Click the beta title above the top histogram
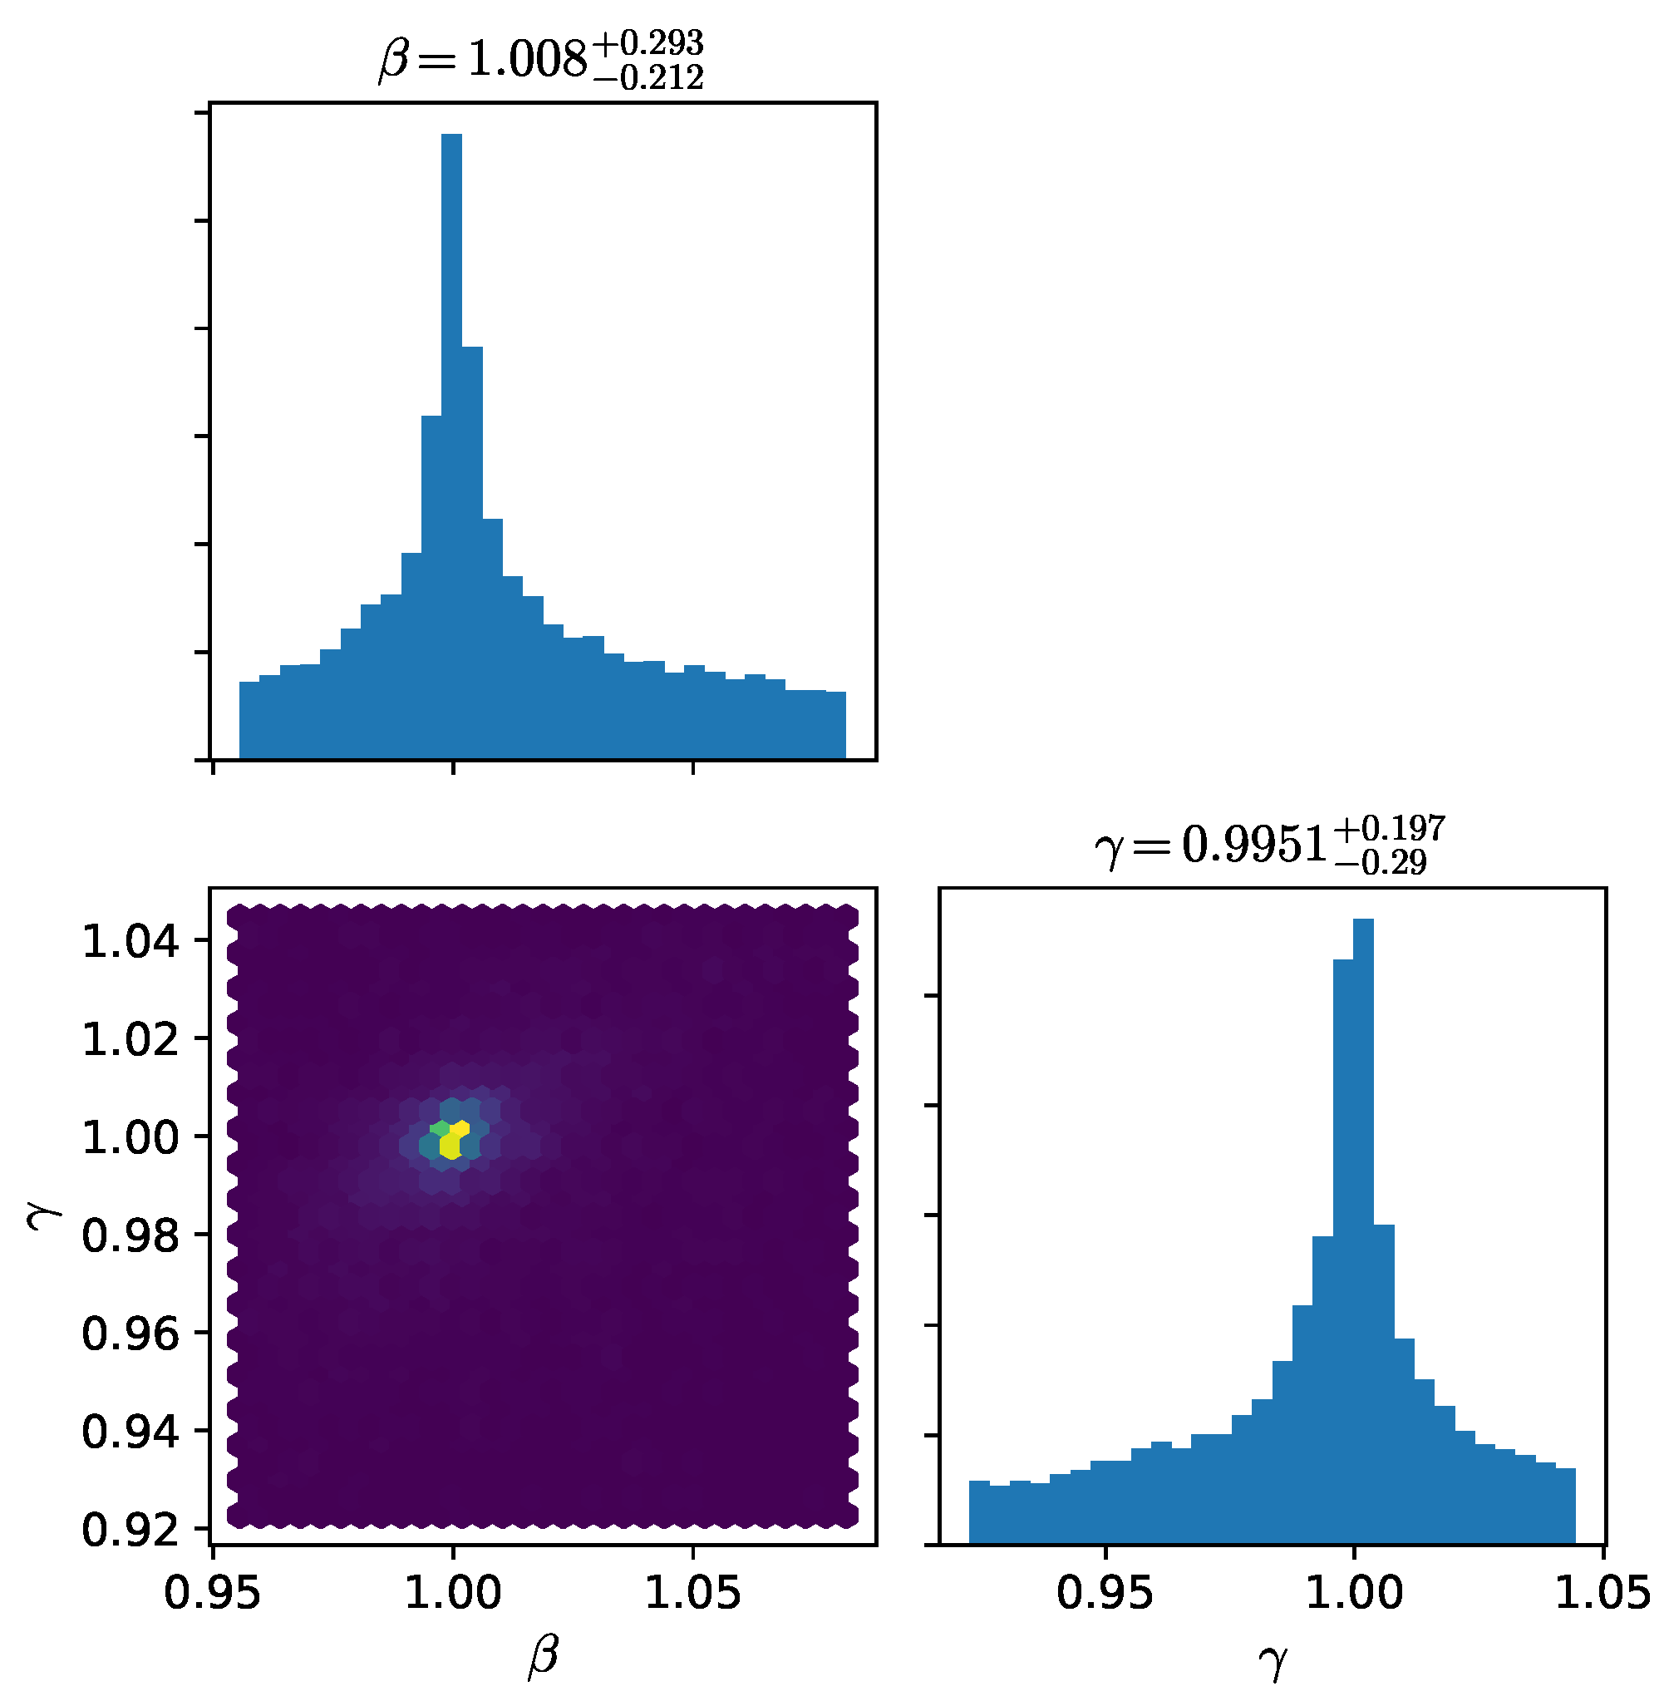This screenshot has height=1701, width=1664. point(540,58)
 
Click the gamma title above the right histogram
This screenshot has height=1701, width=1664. point(1269,845)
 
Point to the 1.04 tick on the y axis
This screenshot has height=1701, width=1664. point(130,943)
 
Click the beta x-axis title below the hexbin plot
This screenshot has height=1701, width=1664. point(542,1657)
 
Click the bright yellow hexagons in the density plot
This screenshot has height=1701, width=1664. point(453,1139)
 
